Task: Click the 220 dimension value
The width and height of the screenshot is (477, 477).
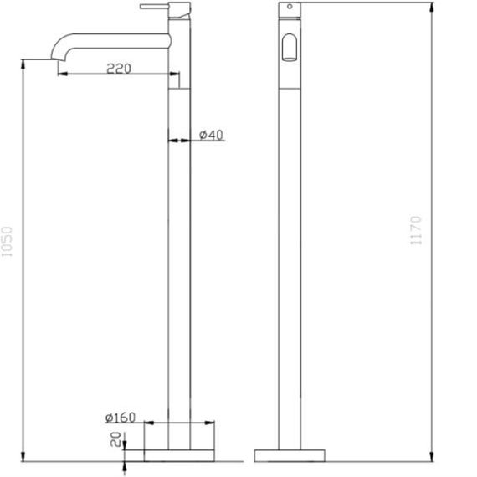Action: click(x=119, y=69)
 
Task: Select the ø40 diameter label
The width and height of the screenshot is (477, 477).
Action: click(x=212, y=136)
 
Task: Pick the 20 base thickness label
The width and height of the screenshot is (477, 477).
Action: click(x=116, y=439)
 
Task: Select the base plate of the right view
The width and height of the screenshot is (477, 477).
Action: click(x=287, y=455)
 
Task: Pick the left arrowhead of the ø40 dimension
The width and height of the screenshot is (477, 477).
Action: click(x=172, y=141)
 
